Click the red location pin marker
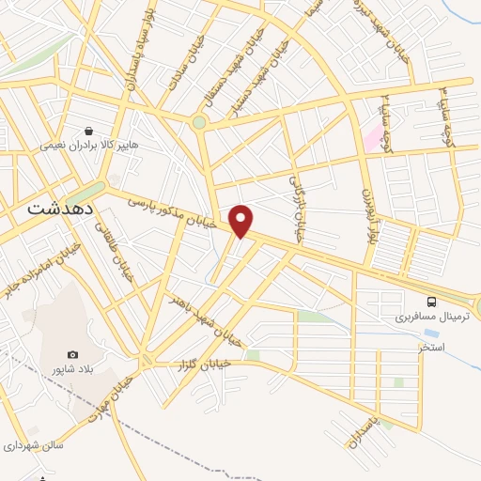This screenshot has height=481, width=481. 242,220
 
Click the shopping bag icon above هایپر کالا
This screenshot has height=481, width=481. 88,132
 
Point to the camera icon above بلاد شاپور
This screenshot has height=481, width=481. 73,354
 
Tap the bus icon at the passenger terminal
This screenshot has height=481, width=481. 431,302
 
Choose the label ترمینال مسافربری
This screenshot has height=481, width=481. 429,317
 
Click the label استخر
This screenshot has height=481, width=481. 431,347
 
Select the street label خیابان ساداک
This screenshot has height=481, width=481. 181,68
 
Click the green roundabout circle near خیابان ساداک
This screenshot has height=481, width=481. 199,122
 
